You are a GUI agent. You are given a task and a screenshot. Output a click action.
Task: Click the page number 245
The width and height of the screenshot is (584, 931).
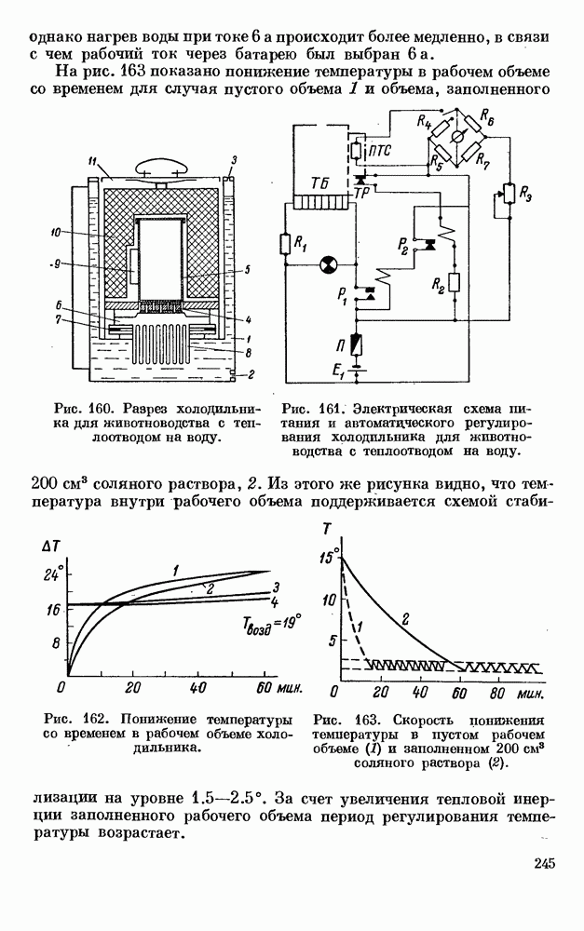[545, 865]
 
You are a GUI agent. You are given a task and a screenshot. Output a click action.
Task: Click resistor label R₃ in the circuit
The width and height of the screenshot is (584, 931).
[526, 197]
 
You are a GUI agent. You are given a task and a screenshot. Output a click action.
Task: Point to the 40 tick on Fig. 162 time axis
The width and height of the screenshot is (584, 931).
[197, 689]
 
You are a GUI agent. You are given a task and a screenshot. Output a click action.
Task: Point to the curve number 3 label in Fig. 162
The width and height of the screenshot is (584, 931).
[277, 587]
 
